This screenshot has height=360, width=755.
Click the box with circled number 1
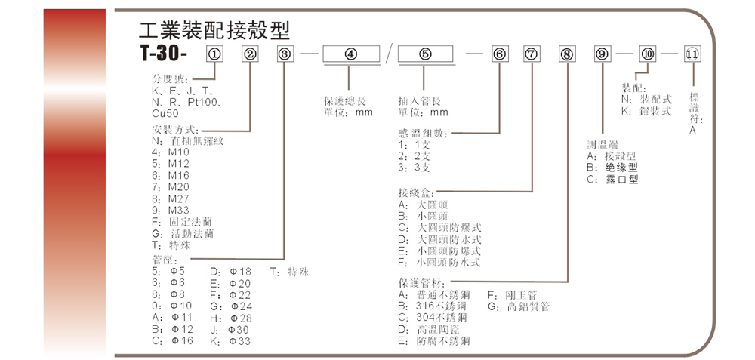[214, 54]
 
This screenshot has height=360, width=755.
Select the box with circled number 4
[350, 54]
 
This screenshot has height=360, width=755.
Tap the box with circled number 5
[425, 54]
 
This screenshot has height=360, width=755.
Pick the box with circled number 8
[566, 54]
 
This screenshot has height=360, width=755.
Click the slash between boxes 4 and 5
[387, 55]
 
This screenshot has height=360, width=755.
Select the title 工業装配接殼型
[214, 30]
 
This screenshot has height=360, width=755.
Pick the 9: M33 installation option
[171, 210]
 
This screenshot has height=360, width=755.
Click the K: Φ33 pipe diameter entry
[230, 341]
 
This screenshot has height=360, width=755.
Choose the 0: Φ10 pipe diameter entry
[172, 306]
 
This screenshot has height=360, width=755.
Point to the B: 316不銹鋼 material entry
[433, 306]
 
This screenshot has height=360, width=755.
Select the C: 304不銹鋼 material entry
[433, 318]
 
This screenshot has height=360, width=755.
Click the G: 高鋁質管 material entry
[519, 306]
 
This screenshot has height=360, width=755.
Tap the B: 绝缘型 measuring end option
[612, 168]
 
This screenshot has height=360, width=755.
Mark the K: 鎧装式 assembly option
[646, 110]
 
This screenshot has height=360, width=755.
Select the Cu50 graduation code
[166, 112]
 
